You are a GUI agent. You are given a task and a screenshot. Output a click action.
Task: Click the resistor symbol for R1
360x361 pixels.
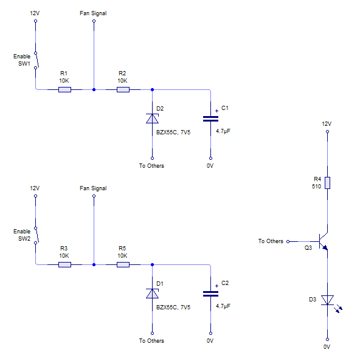click(64, 89)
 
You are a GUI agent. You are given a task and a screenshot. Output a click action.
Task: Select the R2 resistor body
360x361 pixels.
click(123, 89)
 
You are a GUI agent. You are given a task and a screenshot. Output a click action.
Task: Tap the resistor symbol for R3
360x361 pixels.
click(64, 264)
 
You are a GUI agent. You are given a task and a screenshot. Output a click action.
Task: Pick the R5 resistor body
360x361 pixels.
click(123, 264)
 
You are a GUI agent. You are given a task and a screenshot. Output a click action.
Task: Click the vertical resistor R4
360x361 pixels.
click(327, 183)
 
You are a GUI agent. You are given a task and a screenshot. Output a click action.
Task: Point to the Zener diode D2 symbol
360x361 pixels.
click(152, 119)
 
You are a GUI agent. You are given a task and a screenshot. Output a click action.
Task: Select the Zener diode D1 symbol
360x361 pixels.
click(152, 294)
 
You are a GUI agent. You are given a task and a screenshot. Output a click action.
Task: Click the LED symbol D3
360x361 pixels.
click(328, 300)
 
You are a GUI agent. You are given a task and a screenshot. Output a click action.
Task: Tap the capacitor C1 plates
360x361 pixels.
click(210, 119)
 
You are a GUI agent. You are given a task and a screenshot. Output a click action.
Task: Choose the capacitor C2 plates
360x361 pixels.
click(210, 294)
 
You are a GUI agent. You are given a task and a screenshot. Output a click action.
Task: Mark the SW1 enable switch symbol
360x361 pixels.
click(36, 60)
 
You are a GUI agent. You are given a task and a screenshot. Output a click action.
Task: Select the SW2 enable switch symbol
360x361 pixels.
click(36, 235)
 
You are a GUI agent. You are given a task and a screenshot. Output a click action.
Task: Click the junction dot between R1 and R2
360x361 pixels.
click(94, 89)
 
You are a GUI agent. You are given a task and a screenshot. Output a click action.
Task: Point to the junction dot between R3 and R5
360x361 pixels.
click(94, 264)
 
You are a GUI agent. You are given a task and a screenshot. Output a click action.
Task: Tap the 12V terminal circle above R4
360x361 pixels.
click(327, 131)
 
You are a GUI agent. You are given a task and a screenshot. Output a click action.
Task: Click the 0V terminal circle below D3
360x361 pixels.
click(327, 339)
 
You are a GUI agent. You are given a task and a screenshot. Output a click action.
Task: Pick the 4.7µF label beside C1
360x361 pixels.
click(223, 131)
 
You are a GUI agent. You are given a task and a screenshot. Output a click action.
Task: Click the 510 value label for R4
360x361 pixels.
click(316, 186)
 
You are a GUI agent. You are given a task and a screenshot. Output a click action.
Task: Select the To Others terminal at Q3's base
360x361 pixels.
click(288, 241)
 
